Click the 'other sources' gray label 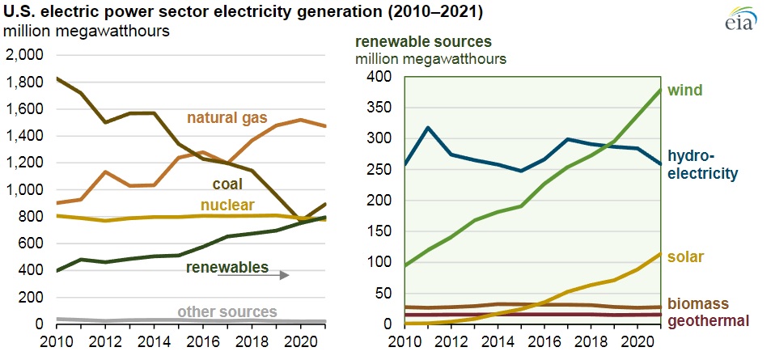coord(227,311)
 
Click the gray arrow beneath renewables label coord(252,275)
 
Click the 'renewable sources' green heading coord(423,42)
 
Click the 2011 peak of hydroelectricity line coord(427,127)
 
